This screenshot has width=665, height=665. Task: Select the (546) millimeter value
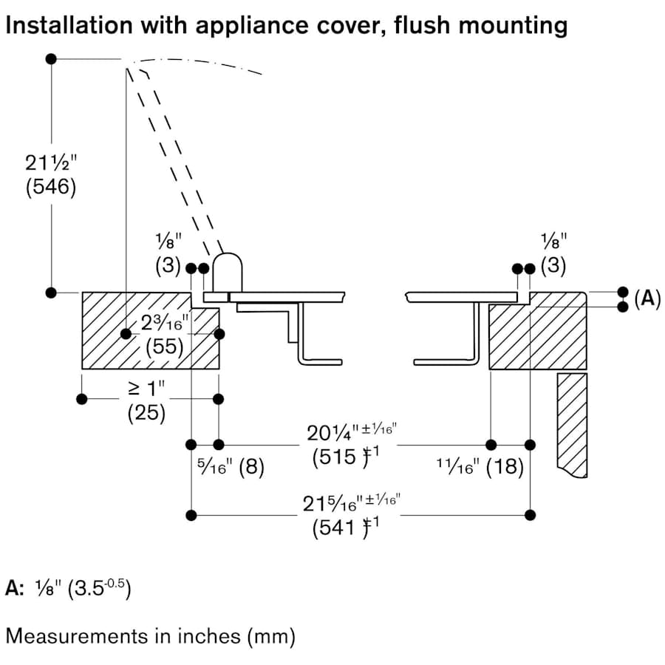coord(51,187)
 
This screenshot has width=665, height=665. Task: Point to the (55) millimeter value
coord(164,346)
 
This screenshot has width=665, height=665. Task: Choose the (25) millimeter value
coord(146,413)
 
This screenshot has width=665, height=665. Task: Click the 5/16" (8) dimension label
coord(231,468)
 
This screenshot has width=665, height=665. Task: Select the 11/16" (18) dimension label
coord(480,467)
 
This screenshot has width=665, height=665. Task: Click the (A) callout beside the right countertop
coord(647,299)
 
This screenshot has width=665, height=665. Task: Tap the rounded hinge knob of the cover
coord(228,272)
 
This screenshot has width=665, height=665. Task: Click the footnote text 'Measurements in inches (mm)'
coord(151,635)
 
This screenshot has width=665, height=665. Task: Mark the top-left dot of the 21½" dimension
coord(51,59)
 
